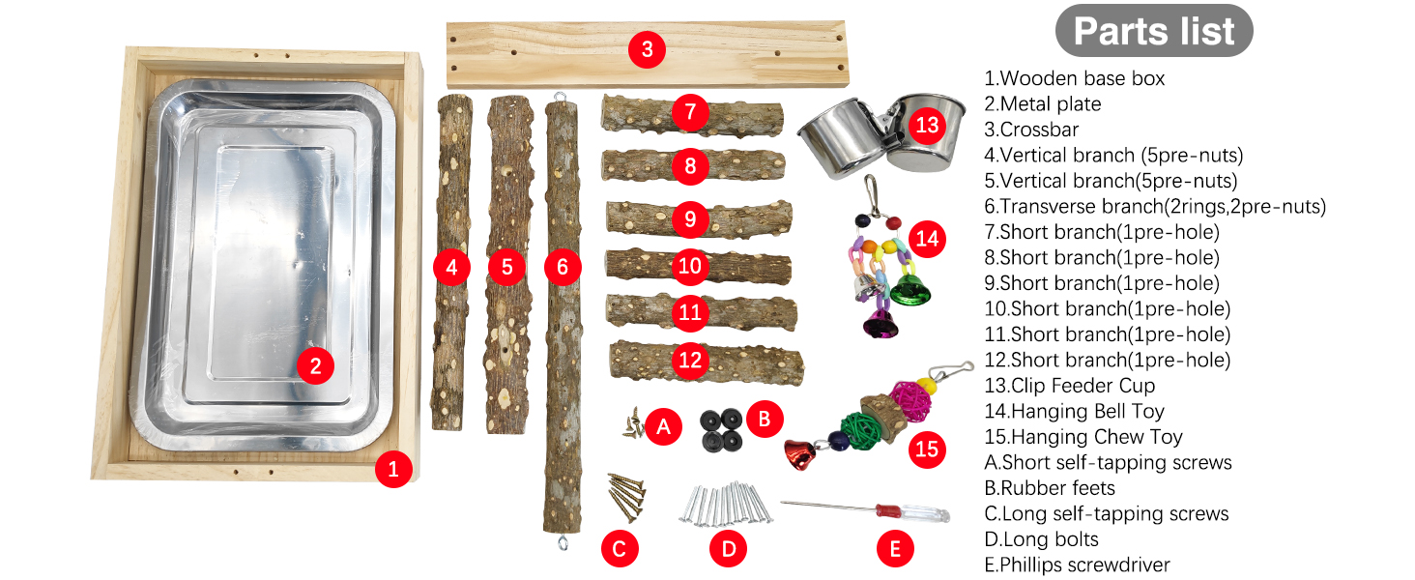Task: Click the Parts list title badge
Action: point(1153,31)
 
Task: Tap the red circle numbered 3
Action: point(647,48)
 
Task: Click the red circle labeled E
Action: point(895,549)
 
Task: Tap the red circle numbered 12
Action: point(689,361)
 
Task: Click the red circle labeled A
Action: point(663,425)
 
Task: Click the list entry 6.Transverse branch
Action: point(1155,206)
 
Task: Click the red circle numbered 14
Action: point(926,238)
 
